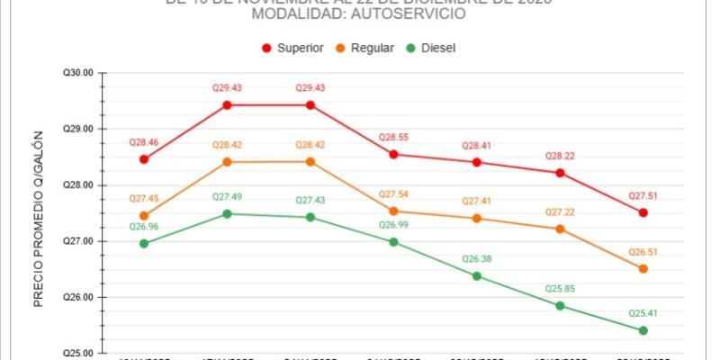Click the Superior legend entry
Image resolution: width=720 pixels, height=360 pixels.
point(293,48)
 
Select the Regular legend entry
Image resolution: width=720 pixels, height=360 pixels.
point(365,48)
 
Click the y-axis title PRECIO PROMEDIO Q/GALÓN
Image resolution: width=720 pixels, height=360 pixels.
point(39,230)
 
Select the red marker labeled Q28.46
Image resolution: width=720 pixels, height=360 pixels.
point(144,159)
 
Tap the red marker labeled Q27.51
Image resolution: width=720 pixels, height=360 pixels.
point(643,212)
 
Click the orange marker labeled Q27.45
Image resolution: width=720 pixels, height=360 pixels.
point(144,216)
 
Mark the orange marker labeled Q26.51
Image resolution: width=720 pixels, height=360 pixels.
point(643,269)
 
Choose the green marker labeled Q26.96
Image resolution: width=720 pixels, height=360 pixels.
point(144,244)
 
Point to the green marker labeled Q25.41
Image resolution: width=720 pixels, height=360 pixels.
point(643,330)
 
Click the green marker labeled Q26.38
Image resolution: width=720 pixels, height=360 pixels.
point(477,275)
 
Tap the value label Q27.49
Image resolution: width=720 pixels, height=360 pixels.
point(227,197)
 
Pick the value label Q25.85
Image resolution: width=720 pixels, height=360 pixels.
point(560,289)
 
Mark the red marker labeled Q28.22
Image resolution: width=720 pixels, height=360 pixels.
point(560,173)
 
